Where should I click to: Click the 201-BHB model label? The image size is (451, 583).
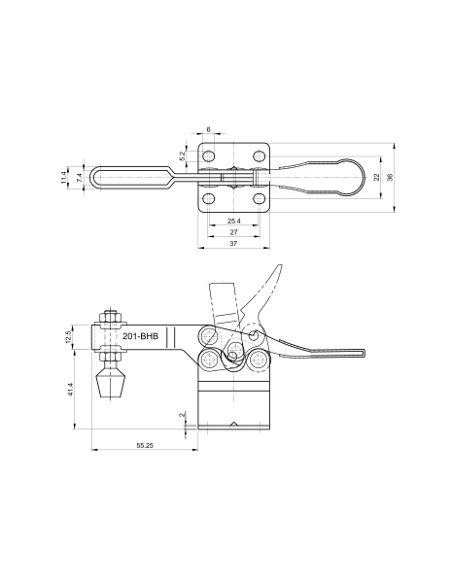click(x=141, y=336)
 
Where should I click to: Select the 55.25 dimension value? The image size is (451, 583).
click(x=145, y=445)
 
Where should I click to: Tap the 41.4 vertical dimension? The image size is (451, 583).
click(x=70, y=389)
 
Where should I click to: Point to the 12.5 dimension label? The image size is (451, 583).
click(x=68, y=337)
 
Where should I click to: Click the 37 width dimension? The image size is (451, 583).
click(x=233, y=244)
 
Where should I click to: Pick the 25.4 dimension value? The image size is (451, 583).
click(x=234, y=221)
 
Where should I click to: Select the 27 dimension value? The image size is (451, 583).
click(x=234, y=232)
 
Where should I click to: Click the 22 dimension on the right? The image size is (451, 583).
click(x=377, y=178)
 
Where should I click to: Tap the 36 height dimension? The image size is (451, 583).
click(x=390, y=178)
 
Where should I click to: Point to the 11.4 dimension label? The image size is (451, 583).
click(x=63, y=178)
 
